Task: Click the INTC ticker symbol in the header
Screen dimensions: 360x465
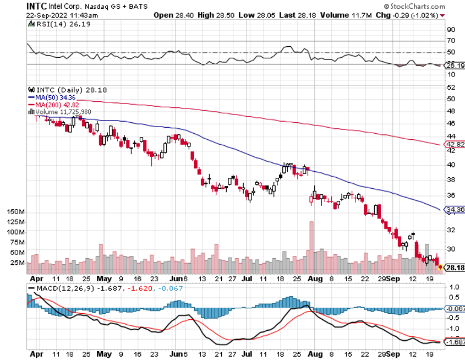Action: pos(37,6)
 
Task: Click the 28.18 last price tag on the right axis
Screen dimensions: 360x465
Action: pos(453,267)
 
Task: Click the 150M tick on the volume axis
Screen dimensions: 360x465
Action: pos(14,212)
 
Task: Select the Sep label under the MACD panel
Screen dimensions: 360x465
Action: pos(392,354)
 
